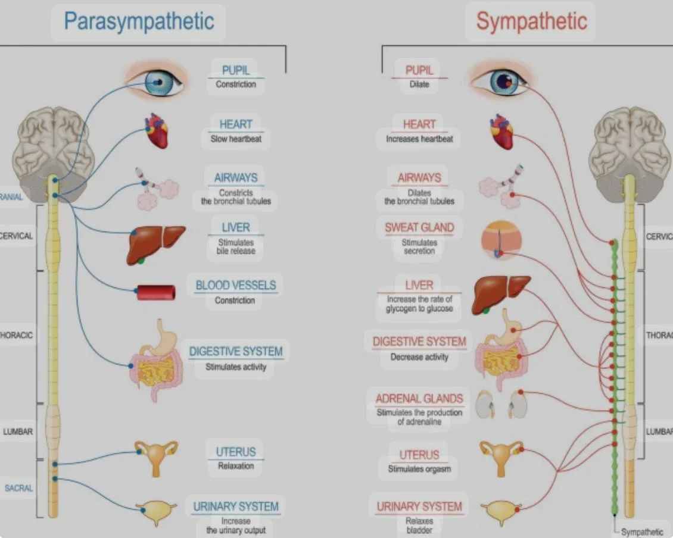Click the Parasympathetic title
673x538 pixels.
[x=138, y=22]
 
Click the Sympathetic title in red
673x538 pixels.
[x=531, y=22]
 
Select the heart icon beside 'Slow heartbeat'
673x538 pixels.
[x=157, y=130]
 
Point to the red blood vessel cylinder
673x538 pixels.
[x=156, y=292]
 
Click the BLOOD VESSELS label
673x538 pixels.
[x=236, y=286]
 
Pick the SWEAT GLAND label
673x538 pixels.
[x=419, y=227]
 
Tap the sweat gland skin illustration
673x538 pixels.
[x=501, y=242]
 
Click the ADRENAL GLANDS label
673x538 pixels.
[x=419, y=399]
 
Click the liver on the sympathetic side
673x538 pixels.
[x=500, y=293]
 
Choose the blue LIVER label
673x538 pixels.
[x=236, y=227]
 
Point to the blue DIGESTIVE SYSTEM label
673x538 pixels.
[x=236, y=351]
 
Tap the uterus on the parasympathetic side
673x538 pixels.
[x=156, y=457]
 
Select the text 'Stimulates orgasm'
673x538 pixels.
[x=419, y=469]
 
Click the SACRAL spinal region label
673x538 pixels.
[x=19, y=488]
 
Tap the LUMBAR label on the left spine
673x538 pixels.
[x=18, y=431]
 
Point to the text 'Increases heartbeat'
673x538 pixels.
[x=419, y=139]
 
